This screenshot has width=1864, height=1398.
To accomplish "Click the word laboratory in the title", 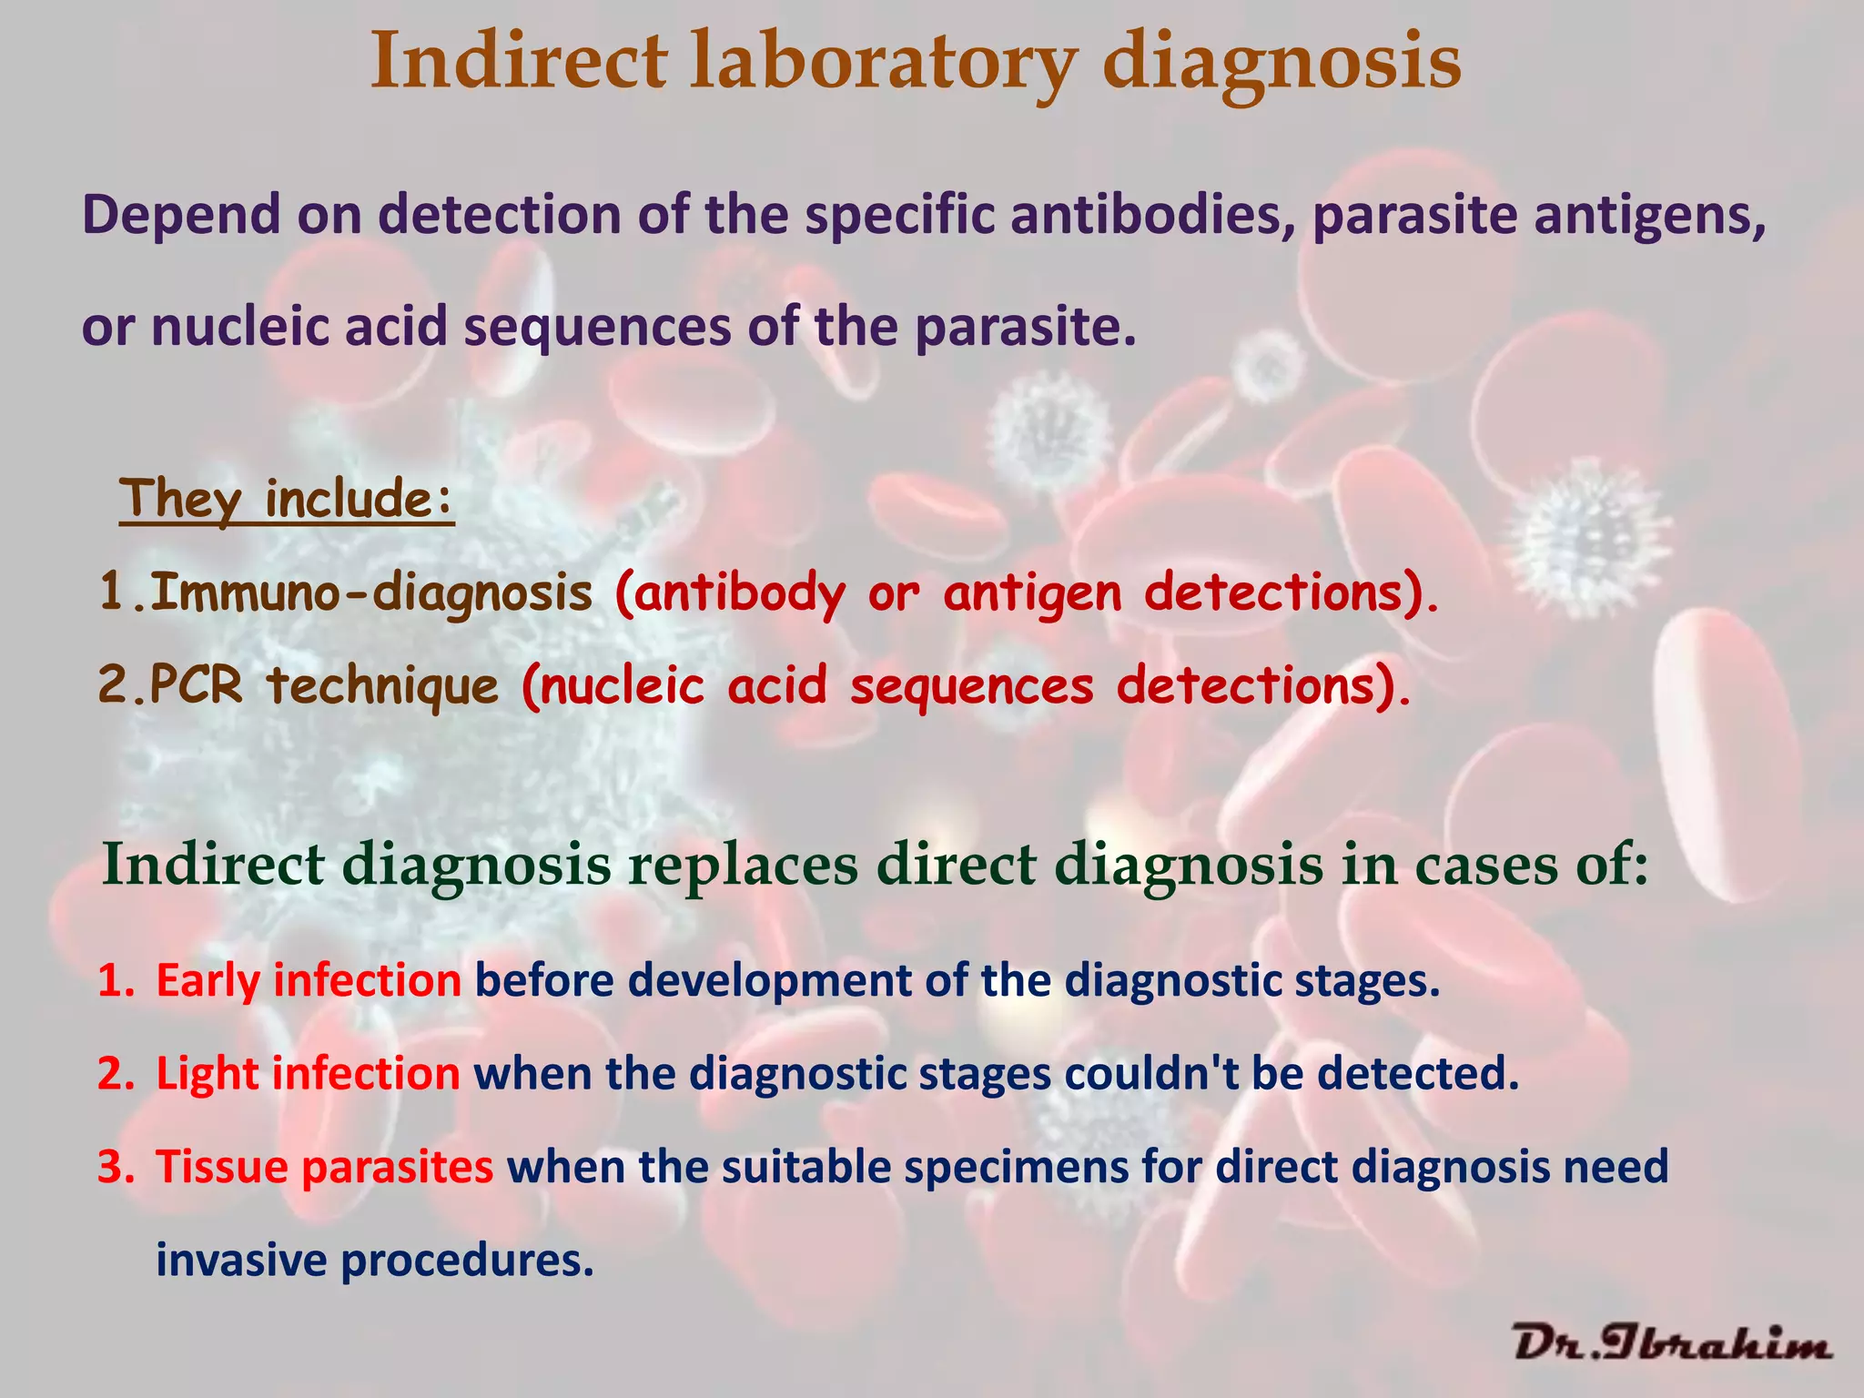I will [881, 62].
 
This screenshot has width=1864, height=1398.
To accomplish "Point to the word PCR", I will [197, 684].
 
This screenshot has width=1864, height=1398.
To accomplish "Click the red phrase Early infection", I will [309, 980].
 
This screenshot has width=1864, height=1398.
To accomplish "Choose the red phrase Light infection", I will [308, 1073].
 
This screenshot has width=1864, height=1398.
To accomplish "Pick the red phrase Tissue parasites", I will [325, 1167].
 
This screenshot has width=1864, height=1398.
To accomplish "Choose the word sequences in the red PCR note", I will [971, 684].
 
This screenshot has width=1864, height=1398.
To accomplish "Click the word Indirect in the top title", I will [519, 62].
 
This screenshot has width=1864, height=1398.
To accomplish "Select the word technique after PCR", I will [383, 684].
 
